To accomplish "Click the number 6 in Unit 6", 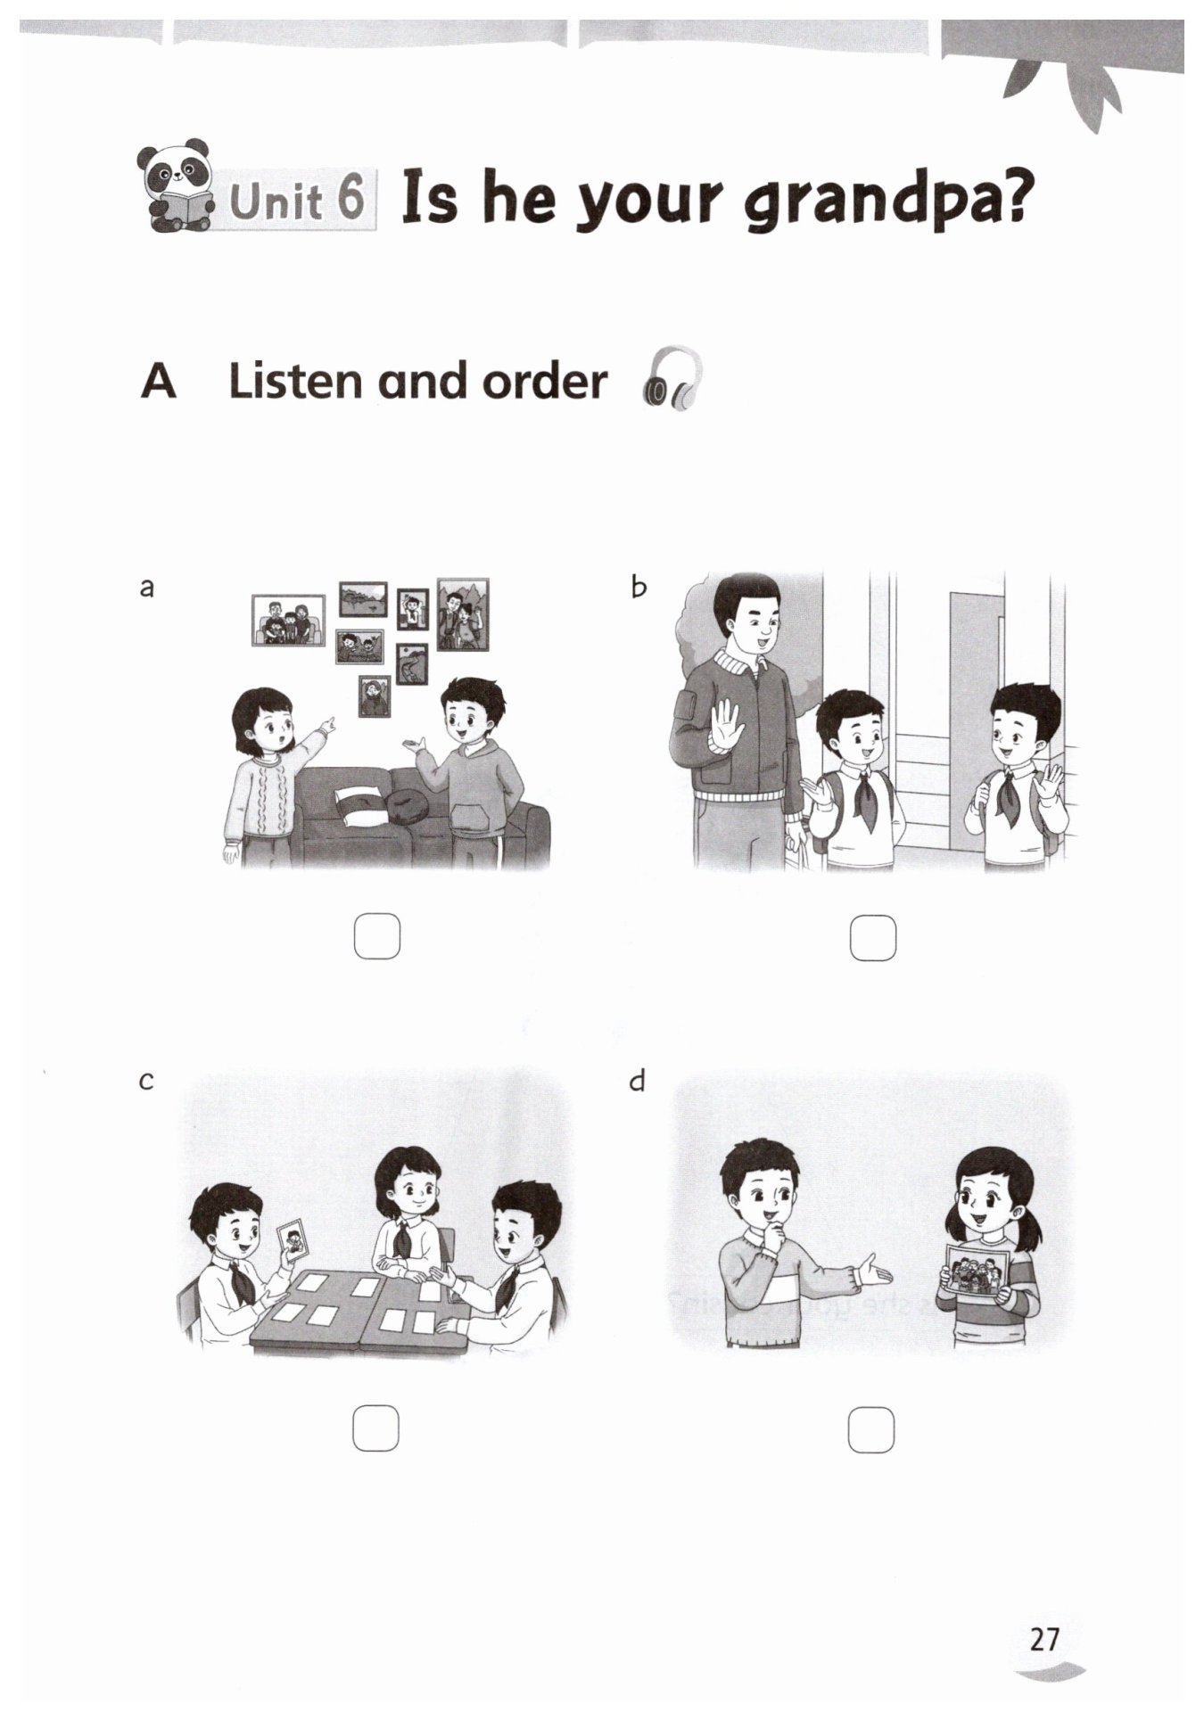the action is [x=350, y=198].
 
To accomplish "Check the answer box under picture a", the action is [x=376, y=936].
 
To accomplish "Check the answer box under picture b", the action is [x=872, y=937].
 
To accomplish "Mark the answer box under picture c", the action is [x=375, y=1428].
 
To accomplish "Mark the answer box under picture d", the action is [x=870, y=1429].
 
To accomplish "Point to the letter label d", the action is [x=637, y=1081].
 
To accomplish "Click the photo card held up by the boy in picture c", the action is [x=293, y=1239].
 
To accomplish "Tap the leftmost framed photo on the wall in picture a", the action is [x=288, y=619].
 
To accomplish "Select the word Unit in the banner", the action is [x=276, y=201].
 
